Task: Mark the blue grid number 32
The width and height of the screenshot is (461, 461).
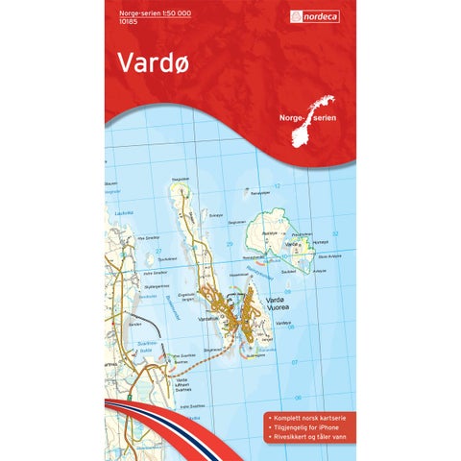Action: pos(335,232)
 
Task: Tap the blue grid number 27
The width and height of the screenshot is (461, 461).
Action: pos(131,251)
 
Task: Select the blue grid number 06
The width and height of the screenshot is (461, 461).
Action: pos(298,398)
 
